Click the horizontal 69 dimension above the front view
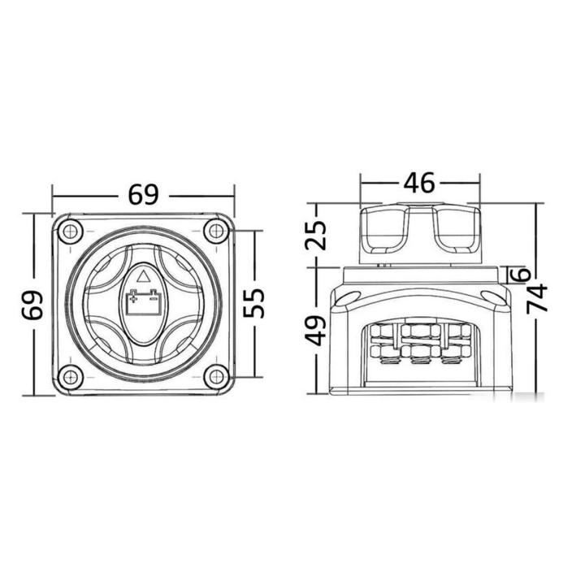pyautogui.click(x=143, y=195)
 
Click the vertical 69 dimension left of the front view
pyautogui.click(x=33, y=305)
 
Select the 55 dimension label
pyautogui.click(x=253, y=303)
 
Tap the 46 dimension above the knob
pyautogui.click(x=419, y=182)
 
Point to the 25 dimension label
pyautogui.click(x=315, y=236)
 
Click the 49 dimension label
pyautogui.click(x=315, y=331)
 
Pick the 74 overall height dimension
pyautogui.click(x=537, y=297)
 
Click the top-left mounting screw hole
pyautogui.click(x=69, y=231)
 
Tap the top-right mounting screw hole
pyautogui.click(x=216, y=231)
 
